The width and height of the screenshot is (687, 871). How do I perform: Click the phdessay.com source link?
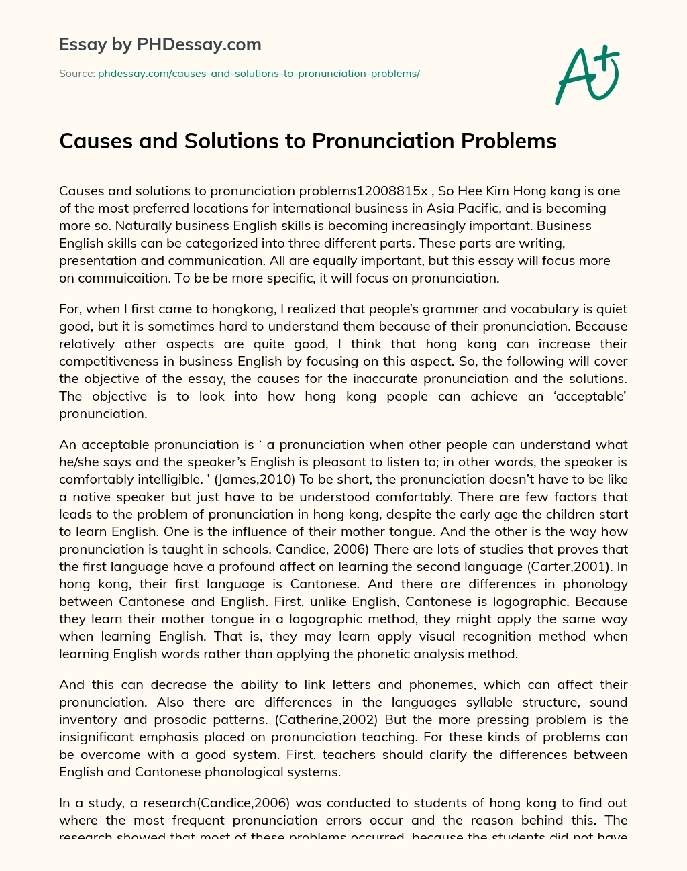258,74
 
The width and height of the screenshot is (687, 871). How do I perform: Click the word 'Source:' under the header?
77,74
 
